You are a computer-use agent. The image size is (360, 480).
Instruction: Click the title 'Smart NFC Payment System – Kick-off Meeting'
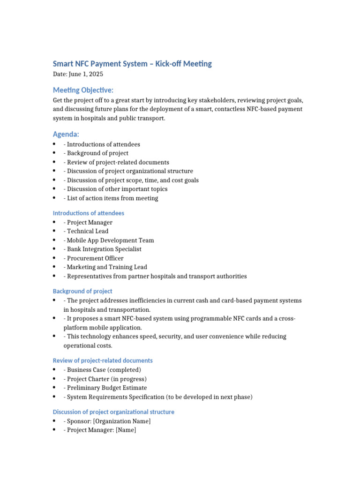click(132, 64)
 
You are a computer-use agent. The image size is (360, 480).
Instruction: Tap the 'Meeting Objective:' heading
click(83, 90)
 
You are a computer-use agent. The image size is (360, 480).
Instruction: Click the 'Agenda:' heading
click(66, 135)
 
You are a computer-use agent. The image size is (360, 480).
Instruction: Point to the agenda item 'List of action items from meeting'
click(112, 198)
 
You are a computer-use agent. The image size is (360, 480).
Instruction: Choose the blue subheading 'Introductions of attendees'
click(88, 213)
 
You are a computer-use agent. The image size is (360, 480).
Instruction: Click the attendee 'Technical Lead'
click(88, 231)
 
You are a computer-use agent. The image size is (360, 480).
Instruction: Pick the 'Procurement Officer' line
click(95, 258)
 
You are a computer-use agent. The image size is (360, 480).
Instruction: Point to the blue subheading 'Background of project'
click(82, 291)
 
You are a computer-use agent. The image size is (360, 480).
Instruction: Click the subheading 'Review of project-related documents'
click(103, 360)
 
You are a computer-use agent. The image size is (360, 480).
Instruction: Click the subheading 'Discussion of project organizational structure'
click(113, 412)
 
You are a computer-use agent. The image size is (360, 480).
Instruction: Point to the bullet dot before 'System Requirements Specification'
click(55, 397)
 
